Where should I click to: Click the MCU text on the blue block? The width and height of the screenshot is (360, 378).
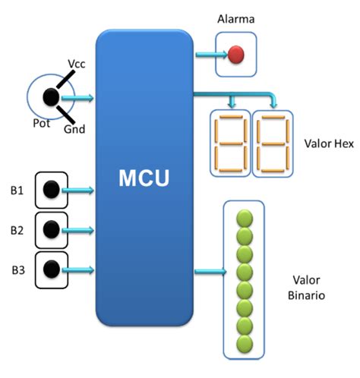point(144,179)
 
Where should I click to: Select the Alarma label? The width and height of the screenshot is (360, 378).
point(235,18)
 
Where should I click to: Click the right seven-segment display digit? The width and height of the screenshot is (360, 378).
point(271,145)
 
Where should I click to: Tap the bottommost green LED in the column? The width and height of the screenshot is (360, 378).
point(245,344)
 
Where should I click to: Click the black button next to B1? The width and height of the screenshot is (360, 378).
point(51,190)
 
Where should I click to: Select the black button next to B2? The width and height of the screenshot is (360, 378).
point(51,228)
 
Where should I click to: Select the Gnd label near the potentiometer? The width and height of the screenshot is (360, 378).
point(75,129)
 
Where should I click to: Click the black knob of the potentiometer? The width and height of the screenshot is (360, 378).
point(51,96)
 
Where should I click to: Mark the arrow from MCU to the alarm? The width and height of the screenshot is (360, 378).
point(207,55)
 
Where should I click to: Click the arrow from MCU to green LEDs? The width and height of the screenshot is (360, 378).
point(210,271)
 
